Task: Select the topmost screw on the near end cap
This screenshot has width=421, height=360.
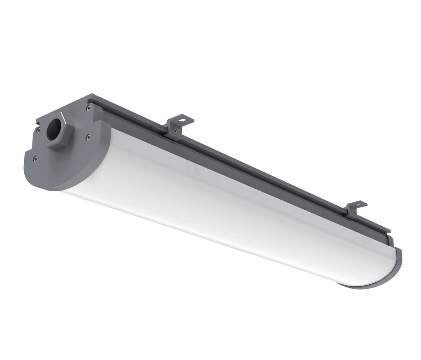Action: (x=88, y=108)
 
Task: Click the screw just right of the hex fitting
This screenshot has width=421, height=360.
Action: (x=88, y=137)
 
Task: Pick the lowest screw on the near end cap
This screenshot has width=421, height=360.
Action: (x=35, y=158)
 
